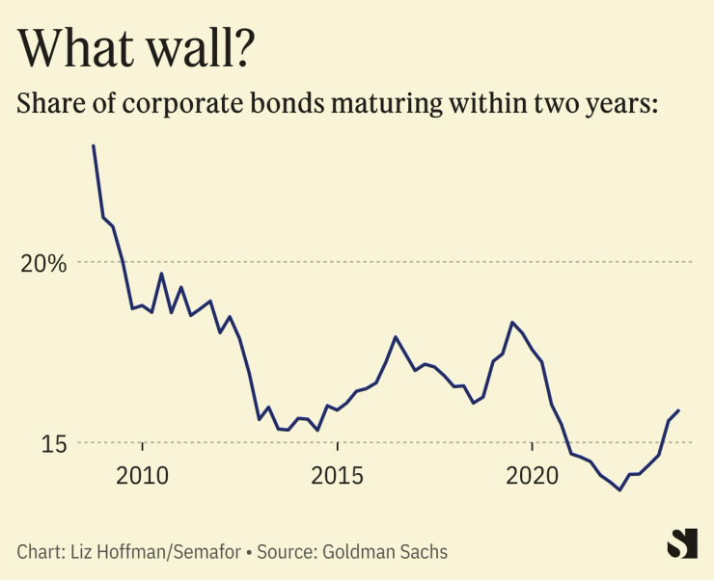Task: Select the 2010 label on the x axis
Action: click(x=143, y=475)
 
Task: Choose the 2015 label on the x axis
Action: click(x=338, y=475)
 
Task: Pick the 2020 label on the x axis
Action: click(x=533, y=475)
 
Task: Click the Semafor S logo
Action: click(x=682, y=542)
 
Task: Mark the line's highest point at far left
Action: click(x=94, y=145)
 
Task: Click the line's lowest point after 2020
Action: click(x=619, y=490)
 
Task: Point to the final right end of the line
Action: click(x=679, y=410)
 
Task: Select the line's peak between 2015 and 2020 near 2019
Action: click(x=511, y=322)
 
